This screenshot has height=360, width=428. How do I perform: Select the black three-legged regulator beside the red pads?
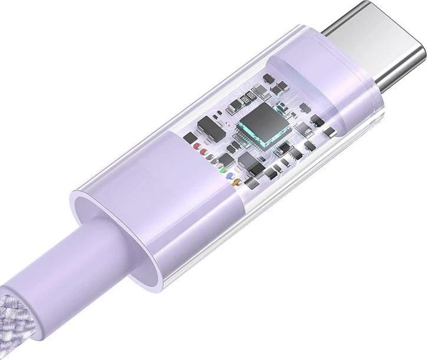click(206, 126)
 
